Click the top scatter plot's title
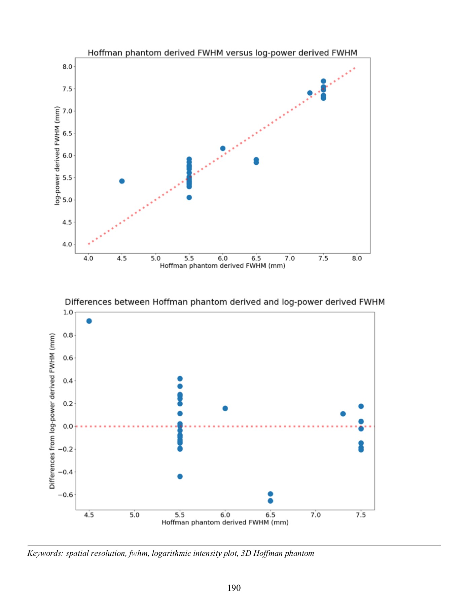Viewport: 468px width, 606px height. [222, 53]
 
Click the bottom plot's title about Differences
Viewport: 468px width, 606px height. [225, 302]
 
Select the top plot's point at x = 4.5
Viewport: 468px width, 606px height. [122, 181]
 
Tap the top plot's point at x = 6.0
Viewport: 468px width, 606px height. [223, 148]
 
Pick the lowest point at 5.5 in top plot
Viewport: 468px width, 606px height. [189, 198]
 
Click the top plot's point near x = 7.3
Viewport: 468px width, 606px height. [310, 93]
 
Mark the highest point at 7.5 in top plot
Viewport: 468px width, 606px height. [323, 81]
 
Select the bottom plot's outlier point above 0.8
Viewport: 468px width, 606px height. [89, 321]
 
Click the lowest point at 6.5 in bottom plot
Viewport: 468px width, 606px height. [271, 501]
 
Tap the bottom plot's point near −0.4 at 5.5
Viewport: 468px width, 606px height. [180, 476]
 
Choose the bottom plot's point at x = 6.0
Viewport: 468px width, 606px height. [225, 408]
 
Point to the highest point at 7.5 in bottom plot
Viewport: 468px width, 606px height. [361, 406]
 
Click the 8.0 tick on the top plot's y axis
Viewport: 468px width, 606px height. [67, 67]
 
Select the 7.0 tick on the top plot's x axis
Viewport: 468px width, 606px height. [290, 259]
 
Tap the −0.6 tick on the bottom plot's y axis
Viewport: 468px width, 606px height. [65, 495]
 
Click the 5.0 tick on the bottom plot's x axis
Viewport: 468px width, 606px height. [135, 515]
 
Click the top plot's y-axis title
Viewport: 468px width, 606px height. [57, 156]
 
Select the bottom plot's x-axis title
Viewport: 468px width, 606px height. [225, 523]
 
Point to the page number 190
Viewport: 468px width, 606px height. [234, 588]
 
